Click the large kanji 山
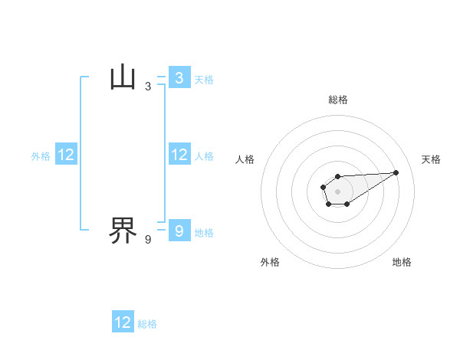click(123, 77)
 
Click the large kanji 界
click(123, 230)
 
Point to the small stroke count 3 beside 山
click(148, 87)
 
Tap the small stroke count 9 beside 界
click(148, 240)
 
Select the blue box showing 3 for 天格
click(179, 78)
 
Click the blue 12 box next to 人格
click(179, 155)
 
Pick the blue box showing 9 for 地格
click(179, 231)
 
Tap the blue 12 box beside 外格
click(66, 155)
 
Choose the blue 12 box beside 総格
click(123, 322)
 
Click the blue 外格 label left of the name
click(41, 156)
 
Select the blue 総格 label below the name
click(147, 324)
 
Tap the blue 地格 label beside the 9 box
click(204, 233)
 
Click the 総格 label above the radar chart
click(337, 100)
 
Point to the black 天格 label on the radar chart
click(431, 159)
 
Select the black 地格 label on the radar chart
click(402, 262)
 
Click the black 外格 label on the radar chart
click(270, 262)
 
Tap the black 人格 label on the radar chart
click(245, 159)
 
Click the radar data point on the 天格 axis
click(396, 172)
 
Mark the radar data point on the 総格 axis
click(337, 176)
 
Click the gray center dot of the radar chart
click(337, 191)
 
